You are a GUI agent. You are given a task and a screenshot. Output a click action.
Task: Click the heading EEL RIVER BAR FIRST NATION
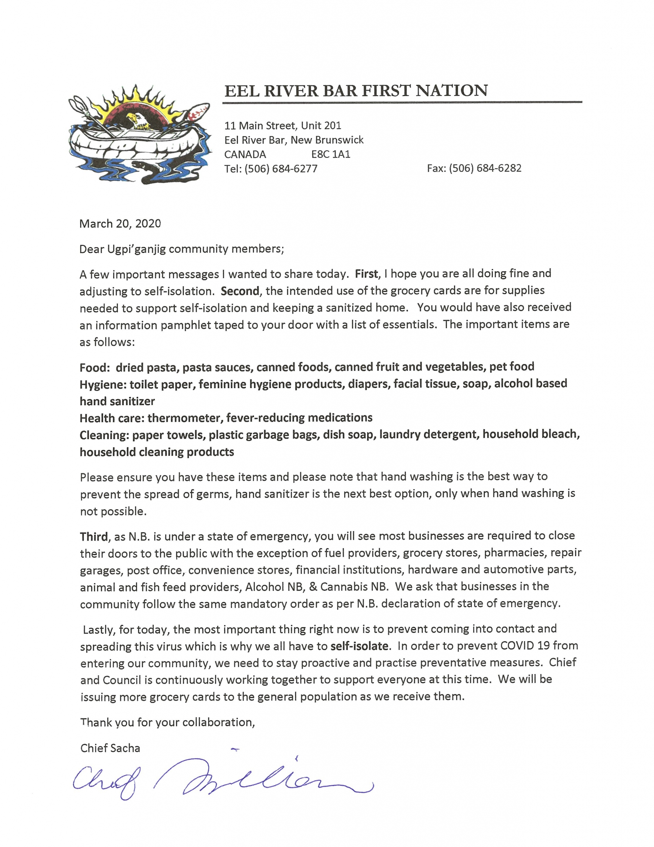click(x=355, y=91)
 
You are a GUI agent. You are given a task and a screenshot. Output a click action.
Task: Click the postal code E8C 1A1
click(x=331, y=155)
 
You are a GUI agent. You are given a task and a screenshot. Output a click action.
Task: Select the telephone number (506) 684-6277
click(x=281, y=169)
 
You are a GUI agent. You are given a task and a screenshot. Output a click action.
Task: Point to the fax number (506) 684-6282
click(x=485, y=168)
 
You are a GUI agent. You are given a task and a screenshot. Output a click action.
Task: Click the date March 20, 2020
click(x=120, y=224)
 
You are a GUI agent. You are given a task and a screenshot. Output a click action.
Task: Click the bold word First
click(x=366, y=274)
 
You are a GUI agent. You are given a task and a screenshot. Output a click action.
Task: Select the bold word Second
click(x=240, y=291)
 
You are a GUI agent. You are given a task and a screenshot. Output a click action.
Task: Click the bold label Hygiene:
click(x=103, y=384)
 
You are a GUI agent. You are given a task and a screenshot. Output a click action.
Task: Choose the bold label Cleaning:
click(x=104, y=435)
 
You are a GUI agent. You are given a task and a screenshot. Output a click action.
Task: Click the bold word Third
click(x=94, y=537)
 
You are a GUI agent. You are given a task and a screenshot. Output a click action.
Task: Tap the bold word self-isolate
click(x=359, y=646)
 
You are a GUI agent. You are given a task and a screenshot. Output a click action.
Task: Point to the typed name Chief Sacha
click(x=110, y=748)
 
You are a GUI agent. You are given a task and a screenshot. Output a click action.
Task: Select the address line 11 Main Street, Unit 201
click(x=283, y=126)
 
